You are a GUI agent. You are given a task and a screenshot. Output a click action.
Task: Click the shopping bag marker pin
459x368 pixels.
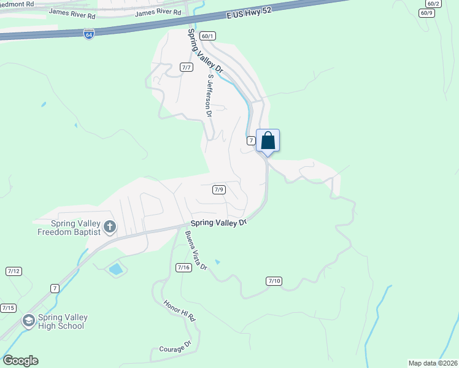pyautogui.click(x=268, y=141)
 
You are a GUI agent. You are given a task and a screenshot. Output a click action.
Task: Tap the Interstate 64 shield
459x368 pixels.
pyautogui.click(x=89, y=34)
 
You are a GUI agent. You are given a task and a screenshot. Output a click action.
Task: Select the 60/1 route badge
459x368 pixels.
pyautogui.click(x=207, y=36)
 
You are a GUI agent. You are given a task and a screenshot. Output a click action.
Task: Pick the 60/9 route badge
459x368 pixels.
pyautogui.click(x=427, y=13)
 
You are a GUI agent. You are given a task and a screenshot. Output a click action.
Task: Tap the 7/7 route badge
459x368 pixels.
pyautogui.click(x=187, y=67)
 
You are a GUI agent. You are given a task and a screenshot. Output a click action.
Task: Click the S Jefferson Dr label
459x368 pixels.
pyautogui.click(x=210, y=96)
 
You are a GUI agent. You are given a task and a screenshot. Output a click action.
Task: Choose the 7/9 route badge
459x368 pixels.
pyautogui.click(x=219, y=190)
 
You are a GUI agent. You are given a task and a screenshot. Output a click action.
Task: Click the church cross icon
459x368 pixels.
pyautogui.click(x=110, y=228)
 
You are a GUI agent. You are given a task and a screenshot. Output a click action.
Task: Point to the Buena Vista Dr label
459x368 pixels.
pyautogui.click(x=196, y=250)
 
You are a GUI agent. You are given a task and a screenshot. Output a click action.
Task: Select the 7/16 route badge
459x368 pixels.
pyautogui.click(x=183, y=267)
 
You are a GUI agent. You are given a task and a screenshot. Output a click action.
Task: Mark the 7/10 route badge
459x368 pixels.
pyautogui.click(x=274, y=281)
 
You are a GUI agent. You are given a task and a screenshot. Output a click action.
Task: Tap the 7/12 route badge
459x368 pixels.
pyautogui.click(x=13, y=271)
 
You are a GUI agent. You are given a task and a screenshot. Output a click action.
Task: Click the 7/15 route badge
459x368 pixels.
pyautogui.click(x=7, y=308)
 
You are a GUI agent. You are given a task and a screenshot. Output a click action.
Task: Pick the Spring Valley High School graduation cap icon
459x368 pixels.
pyautogui.click(x=28, y=321)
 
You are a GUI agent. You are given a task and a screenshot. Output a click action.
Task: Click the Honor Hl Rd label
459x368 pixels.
pyautogui.click(x=179, y=311)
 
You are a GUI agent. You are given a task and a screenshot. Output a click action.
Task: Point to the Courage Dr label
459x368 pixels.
pyautogui.click(x=175, y=347)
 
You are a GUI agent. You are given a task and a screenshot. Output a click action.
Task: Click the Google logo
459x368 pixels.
pyautogui.click(x=20, y=361)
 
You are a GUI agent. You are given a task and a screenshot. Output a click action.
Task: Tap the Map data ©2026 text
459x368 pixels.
pyautogui.click(x=432, y=363)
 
